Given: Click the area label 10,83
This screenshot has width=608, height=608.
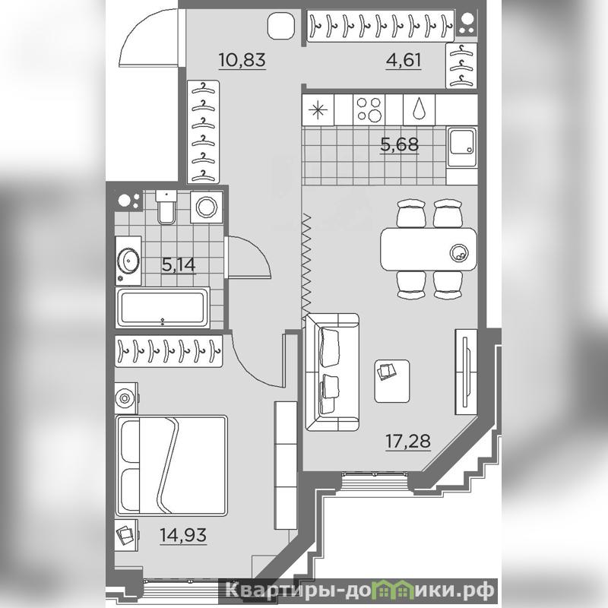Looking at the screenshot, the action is click(242, 60).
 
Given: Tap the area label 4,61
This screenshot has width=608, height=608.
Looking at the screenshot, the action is click(404, 60).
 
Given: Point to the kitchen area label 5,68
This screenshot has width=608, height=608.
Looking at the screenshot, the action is click(400, 144).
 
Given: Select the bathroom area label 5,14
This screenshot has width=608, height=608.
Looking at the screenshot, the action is click(179, 264).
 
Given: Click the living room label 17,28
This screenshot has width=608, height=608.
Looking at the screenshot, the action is click(408, 441).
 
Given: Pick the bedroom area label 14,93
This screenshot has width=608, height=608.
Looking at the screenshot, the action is click(183, 535).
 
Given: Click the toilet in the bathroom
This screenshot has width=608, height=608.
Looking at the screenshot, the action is click(166, 207).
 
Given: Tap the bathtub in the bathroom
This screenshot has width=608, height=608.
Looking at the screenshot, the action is click(163, 308).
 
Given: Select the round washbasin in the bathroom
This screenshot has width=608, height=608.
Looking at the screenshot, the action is click(128, 260).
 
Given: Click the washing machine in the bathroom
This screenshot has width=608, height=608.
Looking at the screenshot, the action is click(206, 207).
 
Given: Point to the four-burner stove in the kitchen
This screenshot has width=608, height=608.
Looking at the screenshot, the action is click(369, 109).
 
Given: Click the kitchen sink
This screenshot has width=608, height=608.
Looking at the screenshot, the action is click(461, 147).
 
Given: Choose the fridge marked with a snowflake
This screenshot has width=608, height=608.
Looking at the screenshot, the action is click(318, 109).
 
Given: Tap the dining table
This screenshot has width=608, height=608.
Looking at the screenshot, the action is click(429, 249).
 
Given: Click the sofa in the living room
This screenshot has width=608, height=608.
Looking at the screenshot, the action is click(332, 372).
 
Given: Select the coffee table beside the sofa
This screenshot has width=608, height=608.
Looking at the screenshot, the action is click(392, 381).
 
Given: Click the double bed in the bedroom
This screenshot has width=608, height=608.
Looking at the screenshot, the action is click(172, 466).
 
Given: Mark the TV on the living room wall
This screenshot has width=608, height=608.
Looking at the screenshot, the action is click(466, 372).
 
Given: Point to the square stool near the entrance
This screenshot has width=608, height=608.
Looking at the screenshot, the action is click(281, 26).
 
